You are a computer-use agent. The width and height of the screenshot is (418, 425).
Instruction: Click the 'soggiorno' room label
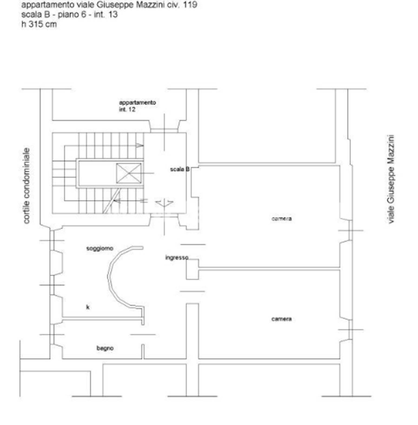click(x=100, y=248)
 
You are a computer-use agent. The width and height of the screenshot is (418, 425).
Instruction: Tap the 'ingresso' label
click(x=177, y=258)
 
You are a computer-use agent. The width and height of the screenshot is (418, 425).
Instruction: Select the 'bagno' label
click(x=105, y=348)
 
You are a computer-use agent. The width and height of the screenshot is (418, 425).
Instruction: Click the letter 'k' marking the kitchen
click(x=88, y=307)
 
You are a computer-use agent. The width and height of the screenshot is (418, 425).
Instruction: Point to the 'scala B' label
click(x=180, y=169)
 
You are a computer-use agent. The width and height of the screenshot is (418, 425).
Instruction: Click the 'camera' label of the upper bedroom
click(x=281, y=218)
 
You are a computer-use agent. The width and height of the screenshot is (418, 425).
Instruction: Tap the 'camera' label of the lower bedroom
click(x=281, y=319)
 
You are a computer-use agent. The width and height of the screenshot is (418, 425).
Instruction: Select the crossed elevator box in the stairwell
click(x=129, y=173)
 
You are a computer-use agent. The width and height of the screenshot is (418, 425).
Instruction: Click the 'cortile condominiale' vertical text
click(x=26, y=186)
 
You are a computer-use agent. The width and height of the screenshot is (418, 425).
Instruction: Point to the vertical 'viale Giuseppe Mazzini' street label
click(x=391, y=179)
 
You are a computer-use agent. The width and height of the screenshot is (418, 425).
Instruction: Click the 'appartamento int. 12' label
click(x=137, y=106)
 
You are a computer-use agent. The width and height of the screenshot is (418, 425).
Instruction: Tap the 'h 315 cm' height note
click(x=39, y=24)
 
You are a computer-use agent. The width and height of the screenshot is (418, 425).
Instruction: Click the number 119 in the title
click(x=190, y=5)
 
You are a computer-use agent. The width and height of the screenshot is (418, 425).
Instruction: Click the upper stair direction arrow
click(x=140, y=146)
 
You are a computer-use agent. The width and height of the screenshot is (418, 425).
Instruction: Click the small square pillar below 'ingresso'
click(x=192, y=269)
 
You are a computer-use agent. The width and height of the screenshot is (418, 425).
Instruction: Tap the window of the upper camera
click(x=350, y=231)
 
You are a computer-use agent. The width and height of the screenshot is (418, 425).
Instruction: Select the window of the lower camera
click(x=350, y=330)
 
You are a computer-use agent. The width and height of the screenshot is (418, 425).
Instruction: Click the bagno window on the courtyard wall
click(x=52, y=335)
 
